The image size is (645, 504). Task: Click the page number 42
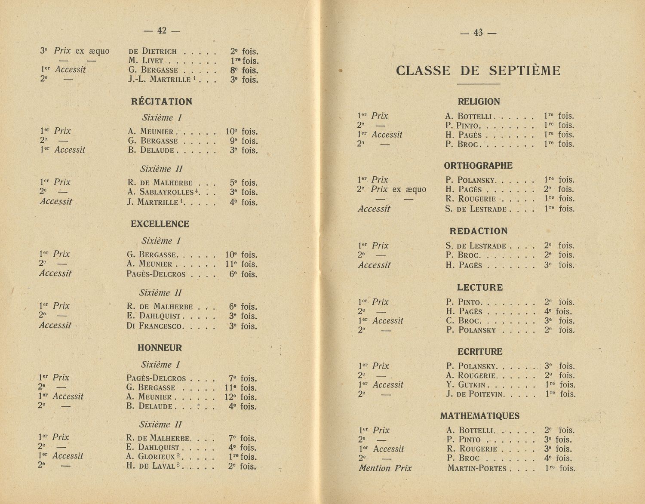coord(162,31)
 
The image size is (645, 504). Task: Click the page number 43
coord(478,33)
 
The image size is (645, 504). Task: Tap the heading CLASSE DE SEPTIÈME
coord(478,71)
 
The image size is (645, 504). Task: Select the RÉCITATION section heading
coord(161,102)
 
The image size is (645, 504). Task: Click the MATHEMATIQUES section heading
coord(479,416)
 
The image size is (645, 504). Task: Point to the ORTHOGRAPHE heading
coord(478,166)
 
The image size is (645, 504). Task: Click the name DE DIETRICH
coord(153,51)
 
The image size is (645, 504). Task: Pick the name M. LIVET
coord(145,61)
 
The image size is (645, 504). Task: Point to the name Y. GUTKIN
coord(466,385)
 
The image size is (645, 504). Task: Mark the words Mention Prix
coord(385,468)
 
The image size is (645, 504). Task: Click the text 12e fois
coord(240,397)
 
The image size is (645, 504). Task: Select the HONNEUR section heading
coord(160,348)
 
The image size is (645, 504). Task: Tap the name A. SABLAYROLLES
coord(158,192)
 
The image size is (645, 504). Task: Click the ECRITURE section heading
coord(479,352)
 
